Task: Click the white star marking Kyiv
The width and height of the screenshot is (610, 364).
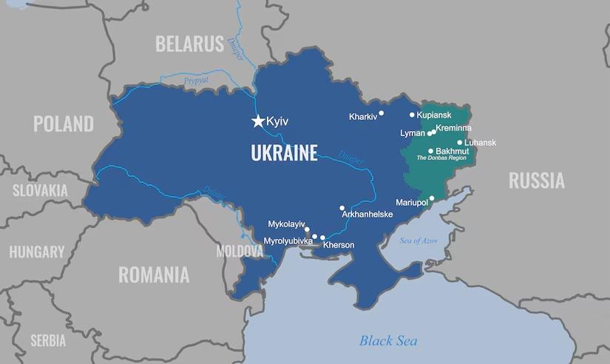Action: coord(258,121)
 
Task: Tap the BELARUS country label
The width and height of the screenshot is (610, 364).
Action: coord(189,44)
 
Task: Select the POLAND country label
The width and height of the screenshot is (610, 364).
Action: coord(63,124)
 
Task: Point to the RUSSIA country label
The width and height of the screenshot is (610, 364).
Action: coord(536,180)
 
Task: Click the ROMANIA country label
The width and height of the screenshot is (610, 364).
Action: coord(154,275)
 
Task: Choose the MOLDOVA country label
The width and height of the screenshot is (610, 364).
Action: coord(240,252)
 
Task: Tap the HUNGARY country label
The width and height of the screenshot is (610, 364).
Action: coord(37,252)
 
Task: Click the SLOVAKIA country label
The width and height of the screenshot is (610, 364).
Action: coord(40,191)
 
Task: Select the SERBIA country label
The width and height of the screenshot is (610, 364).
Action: coord(47,340)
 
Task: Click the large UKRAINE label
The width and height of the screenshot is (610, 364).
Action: coord(284,153)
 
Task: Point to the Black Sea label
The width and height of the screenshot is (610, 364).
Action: coord(388,340)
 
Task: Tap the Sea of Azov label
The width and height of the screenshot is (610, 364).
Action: coord(418,240)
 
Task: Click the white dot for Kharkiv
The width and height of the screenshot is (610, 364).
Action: coord(382,114)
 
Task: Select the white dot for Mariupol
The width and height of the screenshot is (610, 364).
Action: coord(432,198)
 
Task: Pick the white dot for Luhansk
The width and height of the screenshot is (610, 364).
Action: coord(460,143)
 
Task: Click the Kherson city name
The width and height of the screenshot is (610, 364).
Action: coord(339,245)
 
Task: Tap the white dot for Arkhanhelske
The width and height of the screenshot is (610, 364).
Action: coord(342,208)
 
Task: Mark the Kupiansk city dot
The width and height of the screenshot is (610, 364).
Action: coord(413,115)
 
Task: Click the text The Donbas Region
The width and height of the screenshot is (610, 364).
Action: coord(441,158)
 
